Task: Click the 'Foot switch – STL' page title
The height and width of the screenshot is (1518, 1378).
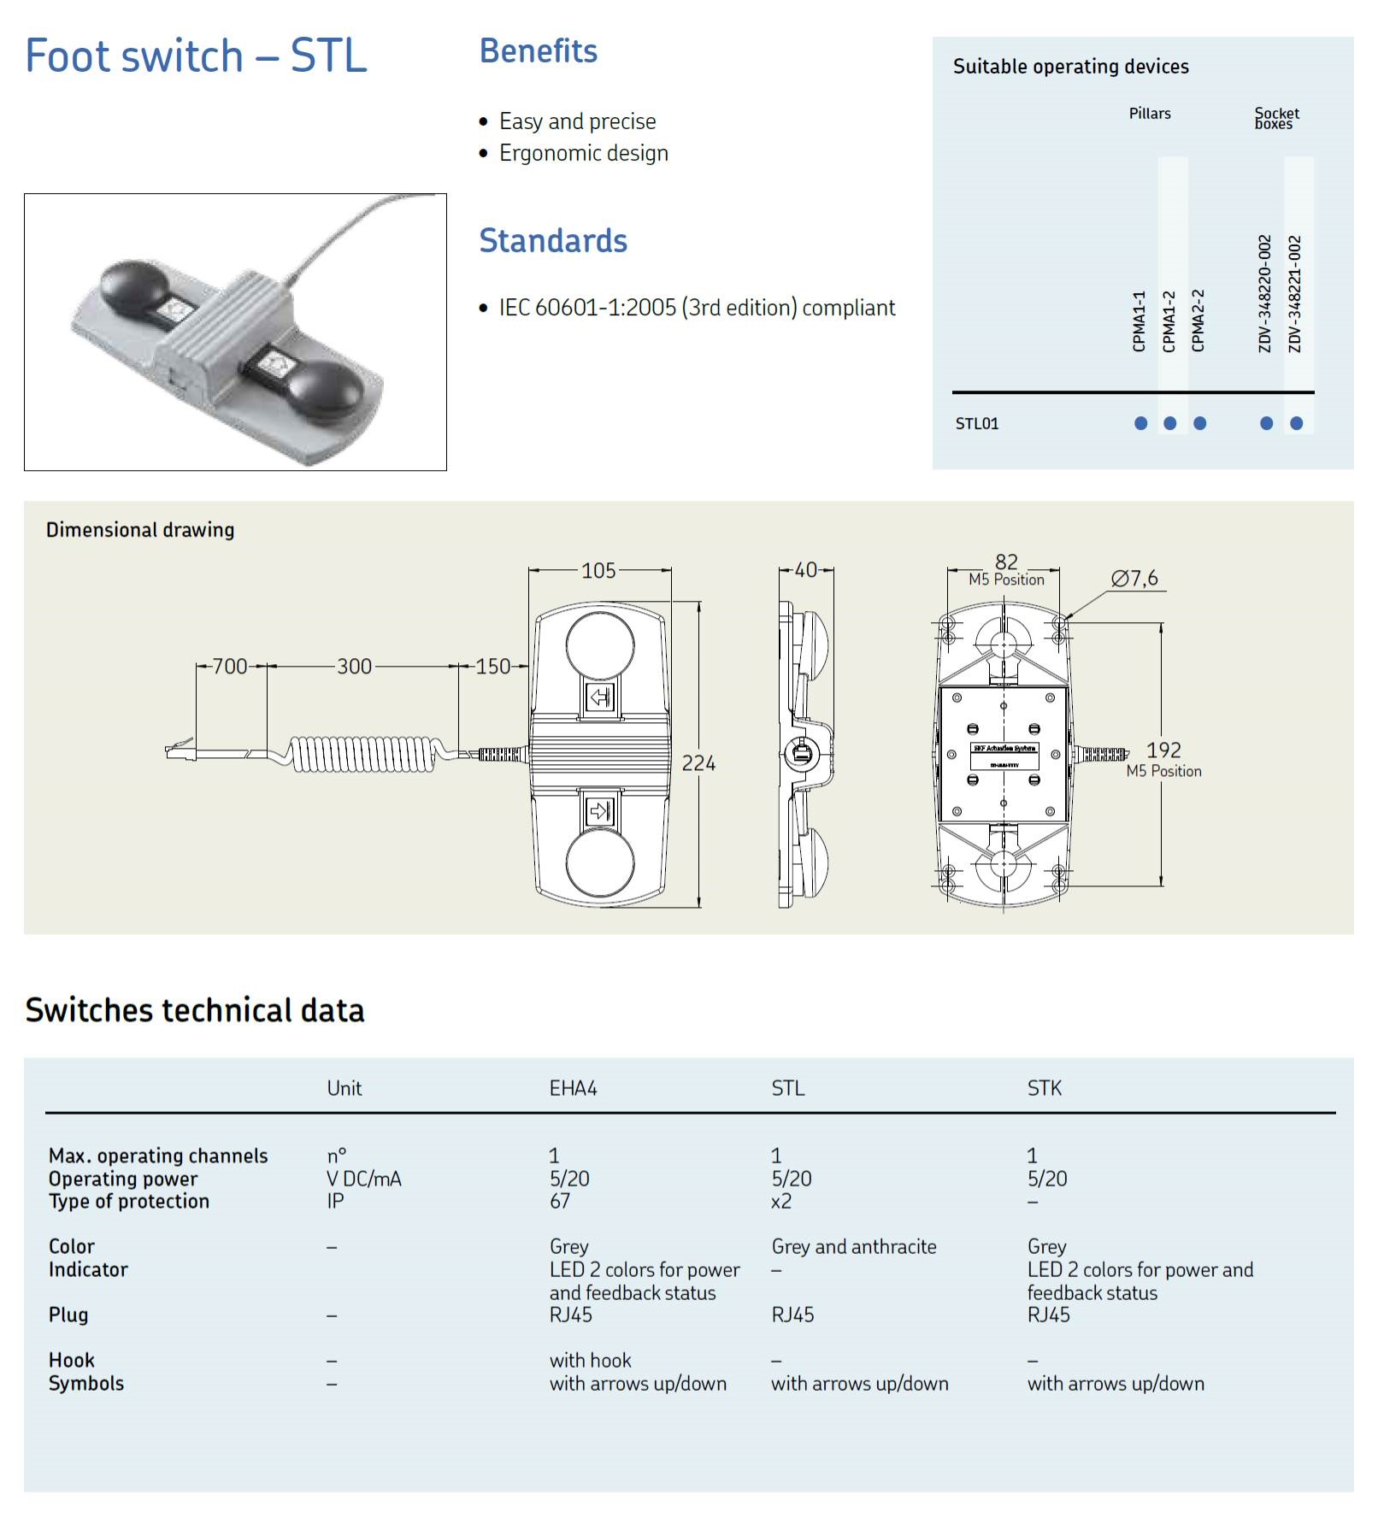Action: tap(196, 56)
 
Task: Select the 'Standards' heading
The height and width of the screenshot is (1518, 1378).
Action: tap(552, 241)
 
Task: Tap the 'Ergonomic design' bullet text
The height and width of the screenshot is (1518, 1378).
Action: tap(583, 153)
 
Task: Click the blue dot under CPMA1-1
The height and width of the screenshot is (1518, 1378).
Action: tap(1140, 423)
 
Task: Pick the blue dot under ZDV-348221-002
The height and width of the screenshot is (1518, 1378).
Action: tap(1296, 423)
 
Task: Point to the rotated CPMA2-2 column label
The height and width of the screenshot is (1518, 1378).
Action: tap(1198, 321)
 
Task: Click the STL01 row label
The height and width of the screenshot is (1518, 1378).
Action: tap(977, 424)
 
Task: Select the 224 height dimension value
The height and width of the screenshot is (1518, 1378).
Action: tap(698, 763)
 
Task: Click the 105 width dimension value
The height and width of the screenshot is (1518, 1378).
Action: tap(598, 571)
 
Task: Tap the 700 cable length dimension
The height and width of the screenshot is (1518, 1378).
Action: tap(230, 667)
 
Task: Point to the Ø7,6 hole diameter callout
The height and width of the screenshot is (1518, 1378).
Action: tap(1134, 579)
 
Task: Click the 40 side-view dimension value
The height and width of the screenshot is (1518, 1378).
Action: tap(805, 570)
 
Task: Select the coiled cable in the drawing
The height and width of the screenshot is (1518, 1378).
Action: tap(363, 754)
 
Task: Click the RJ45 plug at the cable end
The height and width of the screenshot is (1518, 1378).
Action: tap(180, 751)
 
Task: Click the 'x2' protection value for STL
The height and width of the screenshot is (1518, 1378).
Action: tap(780, 1202)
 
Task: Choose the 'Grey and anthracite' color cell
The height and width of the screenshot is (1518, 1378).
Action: tap(853, 1247)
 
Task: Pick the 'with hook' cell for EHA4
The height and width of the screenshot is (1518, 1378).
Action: tap(590, 1361)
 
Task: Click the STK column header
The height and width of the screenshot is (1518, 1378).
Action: tap(1044, 1089)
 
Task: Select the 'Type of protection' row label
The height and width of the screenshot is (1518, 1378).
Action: tap(129, 1202)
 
